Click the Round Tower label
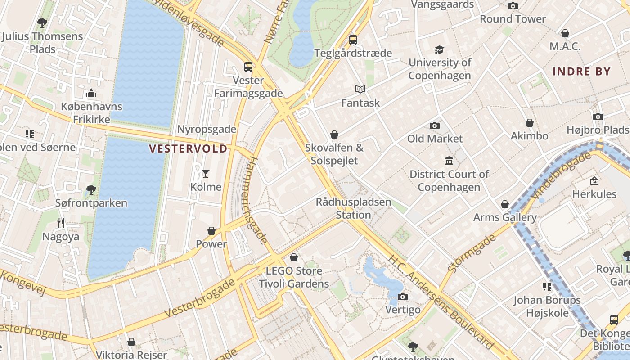pyautogui.click(x=513, y=19)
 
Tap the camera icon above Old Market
pyautogui.click(x=434, y=126)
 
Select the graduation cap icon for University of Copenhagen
pyautogui.click(x=439, y=49)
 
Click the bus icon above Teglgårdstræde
pyautogui.click(x=353, y=40)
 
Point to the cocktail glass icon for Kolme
pyautogui.click(x=206, y=173)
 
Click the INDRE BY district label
pyautogui.click(x=581, y=72)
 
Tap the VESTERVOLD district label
pyautogui.click(x=188, y=149)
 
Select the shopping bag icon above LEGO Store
pyautogui.click(x=294, y=257)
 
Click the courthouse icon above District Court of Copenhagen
pyautogui.click(x=449, y=161)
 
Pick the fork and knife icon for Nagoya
pyautogui.click(x=61, y=223)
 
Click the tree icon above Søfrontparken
pyautogui.click(x=91, y=189)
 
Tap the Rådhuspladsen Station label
pyautogui.click(x=353, y=208)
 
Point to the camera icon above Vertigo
pyautogui.click(x=403, y=297)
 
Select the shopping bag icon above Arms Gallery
pyautogui.click(x=505, y=204)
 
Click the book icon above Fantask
pyautogui.click(x=360, y=89)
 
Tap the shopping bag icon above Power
pyautogui.click(x=211, y=231)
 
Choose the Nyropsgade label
pyautogui.click(x=207, y=129)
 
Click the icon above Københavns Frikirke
pyautogui.click(x=91, y=94)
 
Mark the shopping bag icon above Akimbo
pyautogui.click(x=530, y=122)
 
